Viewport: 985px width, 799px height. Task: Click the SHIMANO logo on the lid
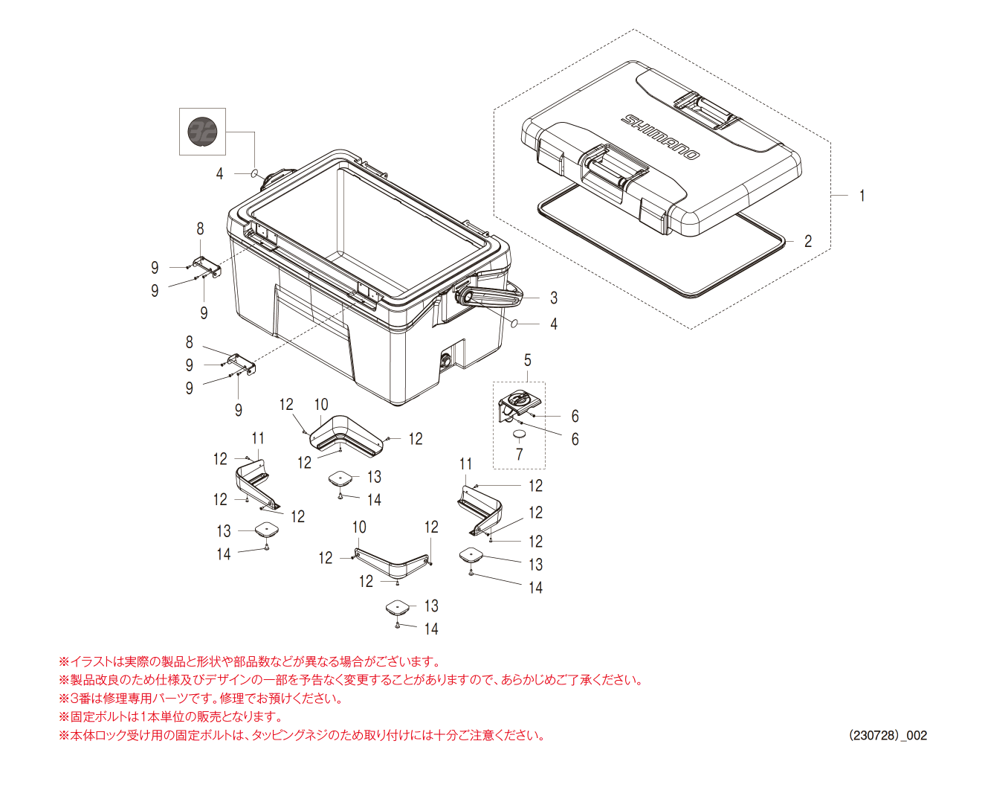click(x=661, y=136)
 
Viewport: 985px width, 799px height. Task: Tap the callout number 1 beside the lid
click(x=862, y=196)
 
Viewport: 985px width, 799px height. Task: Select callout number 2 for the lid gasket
click(x=808, y=241)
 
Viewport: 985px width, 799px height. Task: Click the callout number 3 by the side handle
click(x=554, y=298)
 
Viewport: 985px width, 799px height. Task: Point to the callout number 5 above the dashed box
click(x=528, y=360)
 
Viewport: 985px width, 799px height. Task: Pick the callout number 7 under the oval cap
click(x=519, y=454)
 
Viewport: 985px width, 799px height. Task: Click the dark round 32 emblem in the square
click(x=202, y=132)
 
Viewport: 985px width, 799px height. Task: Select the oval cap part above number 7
click(x=520, y=434)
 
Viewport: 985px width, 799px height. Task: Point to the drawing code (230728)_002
click(x=888, y=735)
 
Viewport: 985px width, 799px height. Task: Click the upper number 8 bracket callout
click(x=200, y=229)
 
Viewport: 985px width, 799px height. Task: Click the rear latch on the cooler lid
click(x=703, y=109)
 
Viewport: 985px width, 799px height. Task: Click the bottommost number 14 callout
click(x=431, y=629)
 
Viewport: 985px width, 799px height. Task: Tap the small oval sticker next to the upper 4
click(x=254, y=174)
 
